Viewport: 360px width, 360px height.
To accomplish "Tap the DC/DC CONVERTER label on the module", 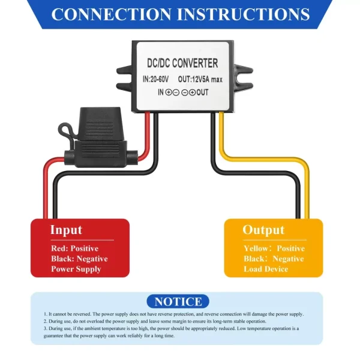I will click(x=182, y=63).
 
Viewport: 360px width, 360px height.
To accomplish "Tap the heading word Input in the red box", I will click(x=66, y=230).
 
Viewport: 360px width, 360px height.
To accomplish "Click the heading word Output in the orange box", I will click(x=263, y=230).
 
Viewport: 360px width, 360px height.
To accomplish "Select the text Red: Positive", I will click(x=74, y=248).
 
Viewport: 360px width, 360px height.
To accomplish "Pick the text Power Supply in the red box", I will click(x=76, y=269).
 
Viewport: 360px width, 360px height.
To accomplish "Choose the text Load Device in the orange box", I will click(x=266, y=269).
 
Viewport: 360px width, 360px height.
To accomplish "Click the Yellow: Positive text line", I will click(x=274, y=248).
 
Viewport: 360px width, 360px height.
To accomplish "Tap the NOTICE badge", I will click(x=178, y=301).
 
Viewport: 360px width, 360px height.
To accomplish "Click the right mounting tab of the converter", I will click(x=241, y=76).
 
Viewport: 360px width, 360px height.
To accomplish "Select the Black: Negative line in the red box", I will click(x=79, y=259).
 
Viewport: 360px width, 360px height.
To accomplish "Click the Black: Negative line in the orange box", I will click(x=274, y=259).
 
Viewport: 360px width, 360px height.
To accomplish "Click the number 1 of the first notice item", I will click(x=45, y=314).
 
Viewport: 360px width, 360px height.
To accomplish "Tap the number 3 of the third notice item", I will click(x=45, y=329).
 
